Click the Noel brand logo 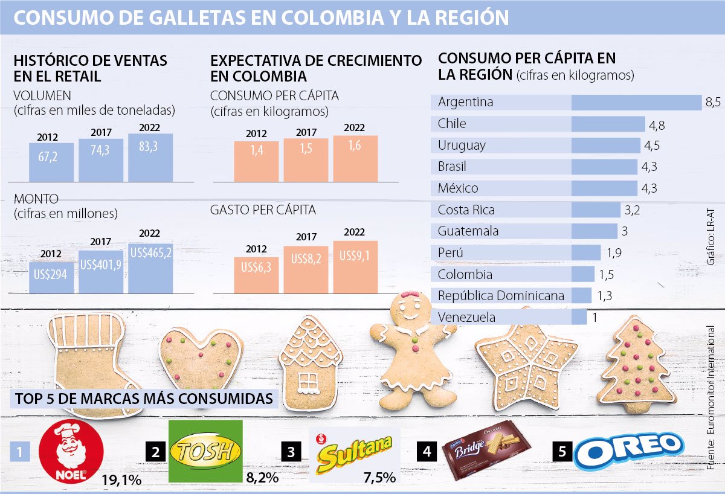pos(71,452)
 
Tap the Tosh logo pos(205,451)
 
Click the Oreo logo pos(628,450)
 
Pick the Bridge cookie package pos(486,450)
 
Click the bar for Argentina pos(636,102)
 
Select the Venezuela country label pos(466,318)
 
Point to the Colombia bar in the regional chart pos(582,275)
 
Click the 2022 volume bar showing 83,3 pos(150,158)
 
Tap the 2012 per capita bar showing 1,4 pos(256,161)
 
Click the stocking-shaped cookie pos(85,359)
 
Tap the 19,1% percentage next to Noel pos(121,480)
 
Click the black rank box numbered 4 pos(426,450)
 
